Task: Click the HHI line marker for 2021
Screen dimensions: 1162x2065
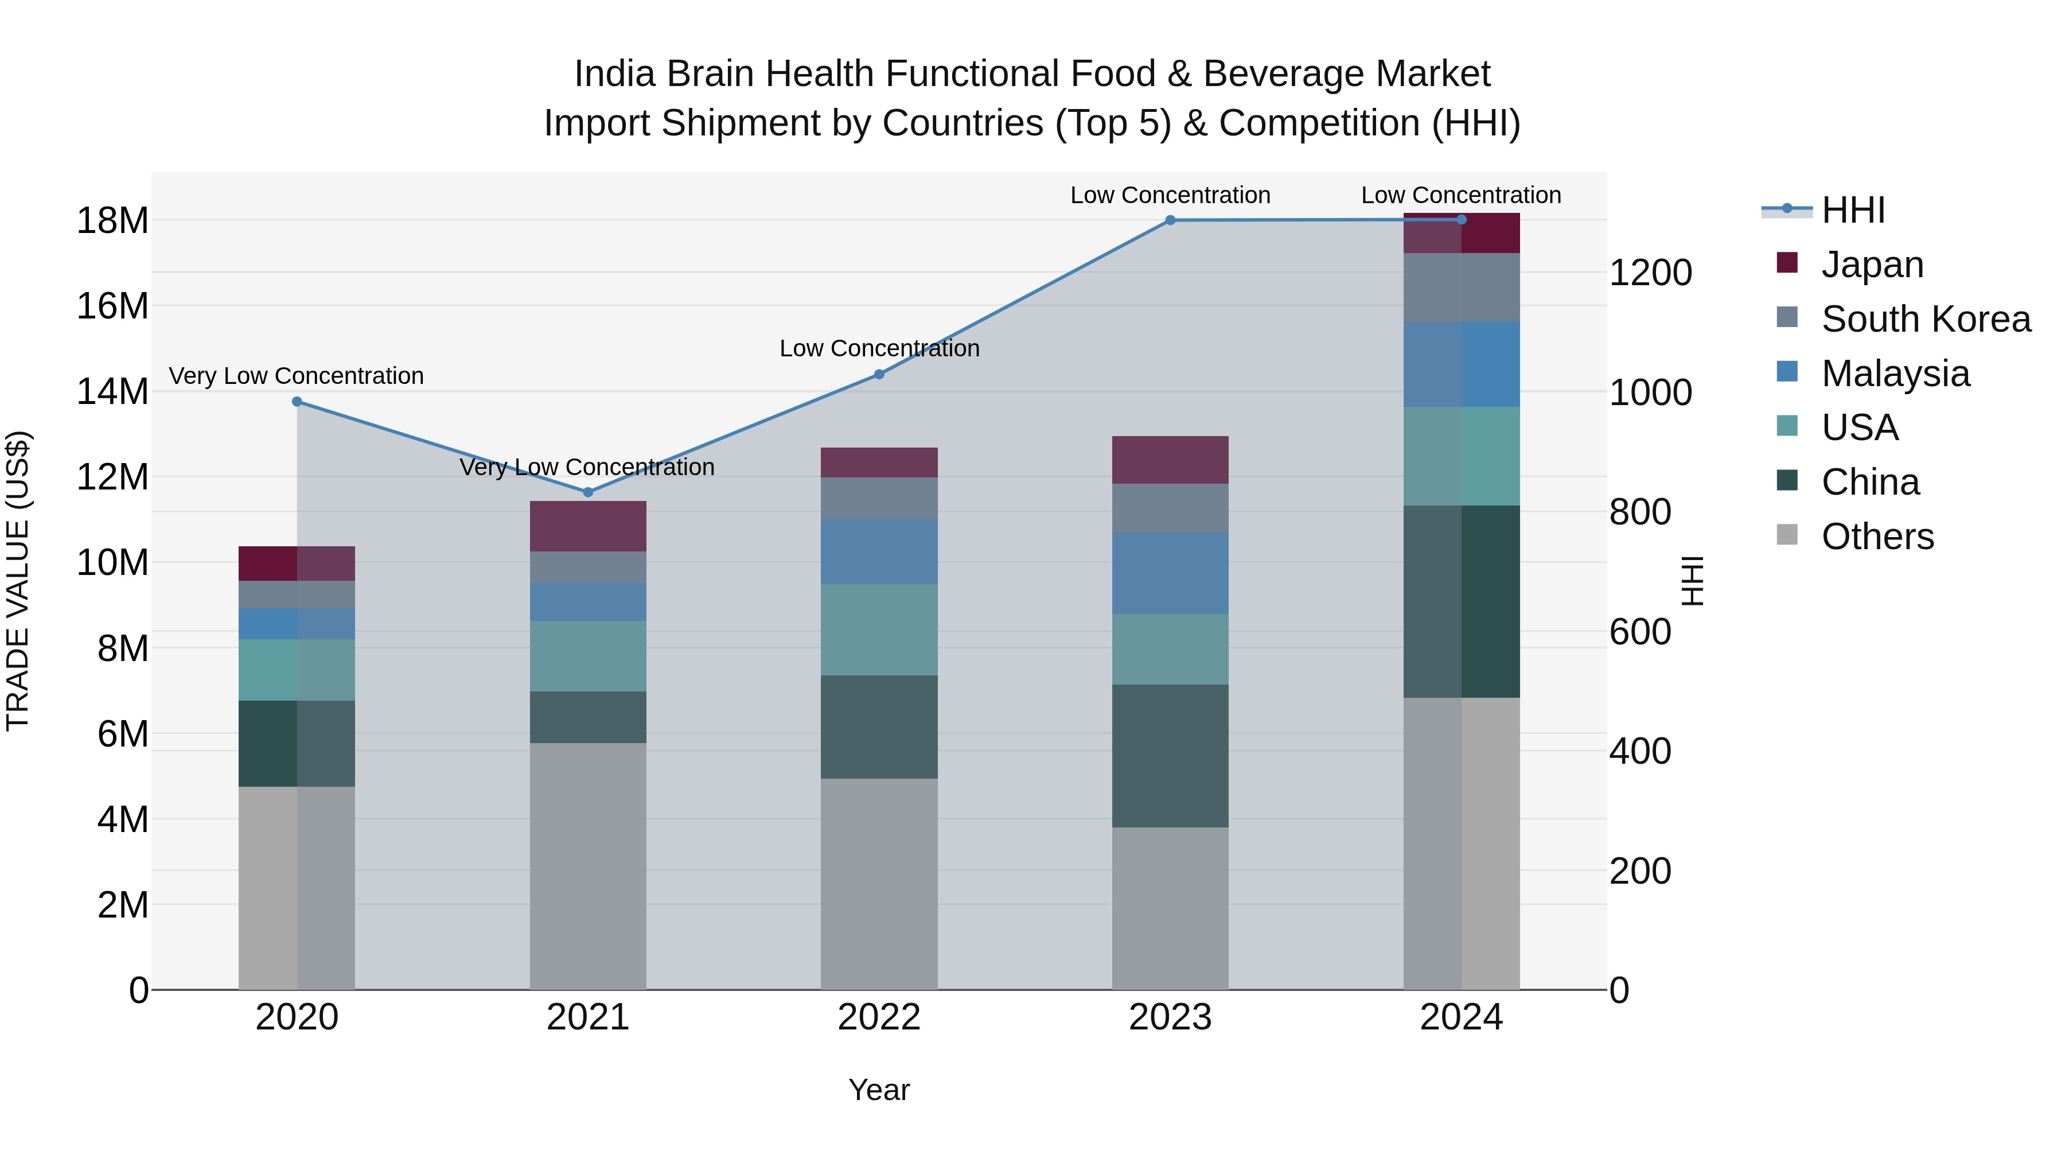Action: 587,492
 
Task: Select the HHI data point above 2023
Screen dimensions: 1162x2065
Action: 1170,220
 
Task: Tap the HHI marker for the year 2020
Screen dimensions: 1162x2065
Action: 297,401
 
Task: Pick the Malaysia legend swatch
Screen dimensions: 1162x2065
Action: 1787,372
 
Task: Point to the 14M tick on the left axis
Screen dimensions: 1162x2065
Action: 112,391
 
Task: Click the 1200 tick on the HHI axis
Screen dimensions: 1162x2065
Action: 1650,273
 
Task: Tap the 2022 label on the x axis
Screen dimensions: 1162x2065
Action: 879,1017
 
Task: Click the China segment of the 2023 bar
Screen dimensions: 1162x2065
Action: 1170,755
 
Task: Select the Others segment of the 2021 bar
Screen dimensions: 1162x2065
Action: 587,866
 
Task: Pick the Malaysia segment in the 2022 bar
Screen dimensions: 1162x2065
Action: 879,551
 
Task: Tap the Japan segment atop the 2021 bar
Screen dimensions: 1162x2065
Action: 587,526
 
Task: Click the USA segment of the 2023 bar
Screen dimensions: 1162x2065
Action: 1170,649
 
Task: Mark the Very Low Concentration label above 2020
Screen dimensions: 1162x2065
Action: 296,376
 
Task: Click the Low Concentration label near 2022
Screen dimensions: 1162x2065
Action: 879,349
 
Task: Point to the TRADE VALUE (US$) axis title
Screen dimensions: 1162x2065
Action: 18,581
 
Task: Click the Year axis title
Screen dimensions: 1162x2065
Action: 879,1090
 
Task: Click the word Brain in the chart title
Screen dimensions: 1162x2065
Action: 711,74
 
